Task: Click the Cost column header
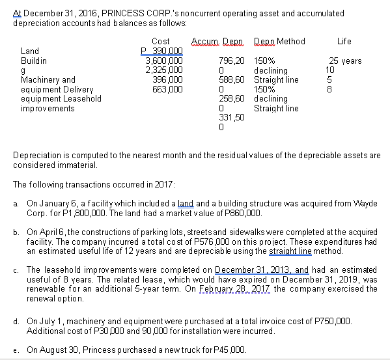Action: point(160,42)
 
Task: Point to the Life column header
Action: point(344,42)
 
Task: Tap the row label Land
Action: point(30,51)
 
